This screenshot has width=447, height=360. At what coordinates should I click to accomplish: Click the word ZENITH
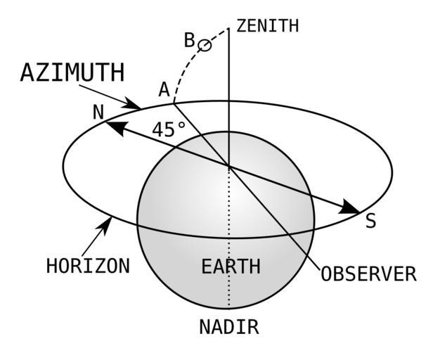pyautogui.click(x=267, y=26)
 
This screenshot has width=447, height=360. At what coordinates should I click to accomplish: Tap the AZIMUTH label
pyautogui.click(x=72, y=73)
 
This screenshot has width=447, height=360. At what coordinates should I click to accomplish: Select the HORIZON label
pyautogui.click(x=88, y=266)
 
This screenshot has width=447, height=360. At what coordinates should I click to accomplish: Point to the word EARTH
pyautogui.click(x=231, y=267)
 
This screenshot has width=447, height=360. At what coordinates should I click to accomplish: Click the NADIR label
pyautogui.click(x=229, y=327)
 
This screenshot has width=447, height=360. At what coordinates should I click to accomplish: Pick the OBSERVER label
pyautogui.click(x=368, y=274)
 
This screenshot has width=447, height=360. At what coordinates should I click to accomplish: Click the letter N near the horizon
pyautogui.click(x=98, y=112)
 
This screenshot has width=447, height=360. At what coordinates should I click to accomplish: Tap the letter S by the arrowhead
pyautogui.click(x=370, y=221)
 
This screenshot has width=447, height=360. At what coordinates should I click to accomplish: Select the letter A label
pyautogui.click(x=164, y=89)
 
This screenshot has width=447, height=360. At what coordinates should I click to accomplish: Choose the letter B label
pyautogui.click(x=189, y=40)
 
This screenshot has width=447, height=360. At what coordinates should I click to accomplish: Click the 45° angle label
pyautogui.click(x=169, y=129)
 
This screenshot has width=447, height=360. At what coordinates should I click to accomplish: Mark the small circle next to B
pyautogui.click(x=205, y=45)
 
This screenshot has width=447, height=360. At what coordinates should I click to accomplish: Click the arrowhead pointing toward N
pyautogui.click(x=115, y=127)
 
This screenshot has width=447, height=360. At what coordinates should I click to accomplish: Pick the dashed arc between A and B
pyautogui.click(x=184, y=70)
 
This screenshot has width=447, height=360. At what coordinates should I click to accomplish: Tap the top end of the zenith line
pyautogui.click(x=228, y=30)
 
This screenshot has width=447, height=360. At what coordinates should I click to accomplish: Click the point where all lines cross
pyautogui.click(x=228, y=166)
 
